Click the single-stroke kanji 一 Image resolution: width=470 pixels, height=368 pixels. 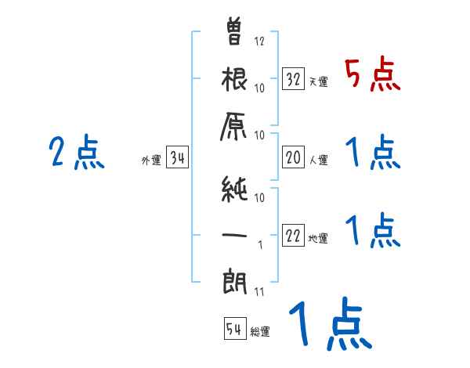tap(235, 233)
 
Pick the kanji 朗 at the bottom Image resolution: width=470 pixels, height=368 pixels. tap(235, 280)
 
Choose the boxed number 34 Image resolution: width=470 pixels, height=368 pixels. tap(177, 159)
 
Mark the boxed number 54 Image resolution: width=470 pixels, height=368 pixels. tap(234, 329)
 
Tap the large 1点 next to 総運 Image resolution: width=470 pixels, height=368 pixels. tap(330, 323)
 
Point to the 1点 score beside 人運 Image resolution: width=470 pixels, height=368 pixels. tap(373, 153)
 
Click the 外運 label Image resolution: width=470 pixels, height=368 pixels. tap(150, 161)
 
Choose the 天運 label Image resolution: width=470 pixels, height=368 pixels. tap(318, 81)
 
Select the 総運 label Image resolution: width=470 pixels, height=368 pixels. tap(260, 332)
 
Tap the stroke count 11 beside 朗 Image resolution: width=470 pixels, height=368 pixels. tap(260, 292)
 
